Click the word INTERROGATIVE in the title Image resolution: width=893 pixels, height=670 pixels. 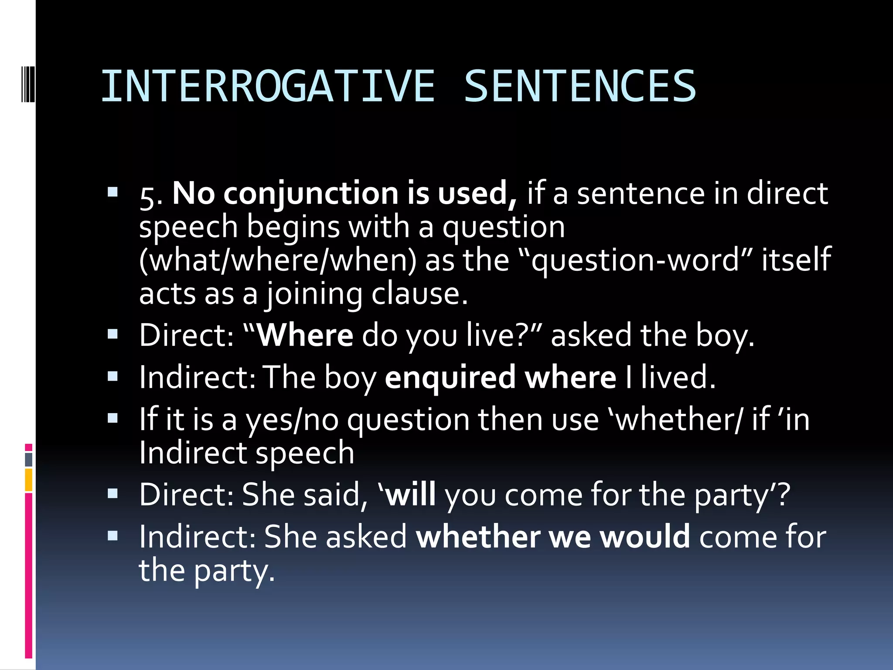(268, 86)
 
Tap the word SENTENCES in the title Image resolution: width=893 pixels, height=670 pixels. (580, 86)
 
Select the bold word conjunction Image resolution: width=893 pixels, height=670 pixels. (310, 193)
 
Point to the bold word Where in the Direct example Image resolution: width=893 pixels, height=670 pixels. (305, 336)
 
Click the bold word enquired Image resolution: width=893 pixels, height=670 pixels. (450, 378)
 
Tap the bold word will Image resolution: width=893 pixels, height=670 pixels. (411, 495)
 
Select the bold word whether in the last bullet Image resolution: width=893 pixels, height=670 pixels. (478, 537)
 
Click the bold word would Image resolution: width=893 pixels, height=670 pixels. (645, 537)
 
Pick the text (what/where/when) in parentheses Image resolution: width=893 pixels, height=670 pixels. (278, 260)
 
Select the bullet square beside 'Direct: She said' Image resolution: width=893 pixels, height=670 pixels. (113, 494)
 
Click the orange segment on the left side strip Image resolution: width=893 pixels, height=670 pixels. (29, 480)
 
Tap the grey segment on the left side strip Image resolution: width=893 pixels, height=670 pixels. (29, 460)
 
